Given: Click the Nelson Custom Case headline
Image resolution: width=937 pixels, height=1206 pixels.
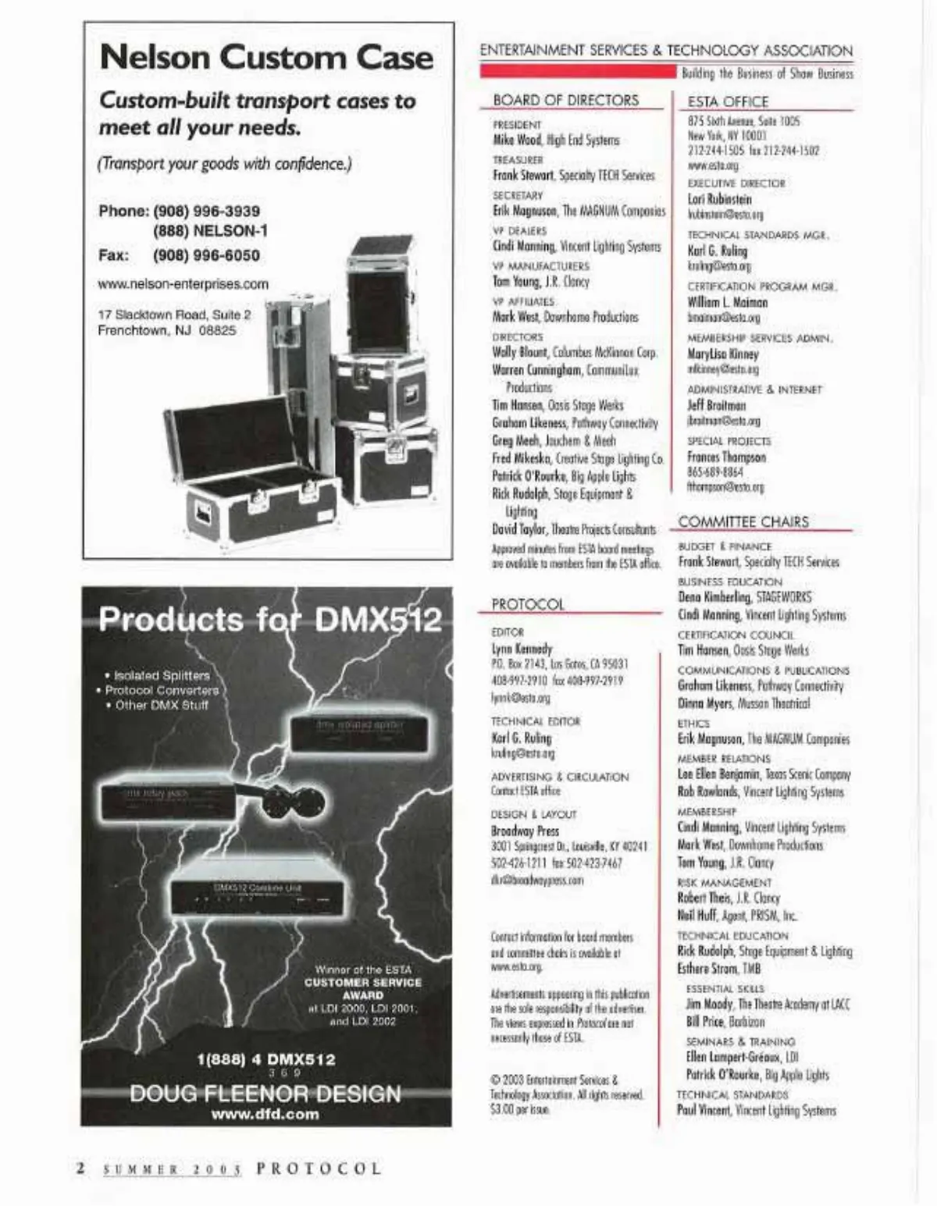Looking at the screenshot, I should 266,58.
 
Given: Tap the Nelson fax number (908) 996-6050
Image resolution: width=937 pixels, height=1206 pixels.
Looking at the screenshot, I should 206,255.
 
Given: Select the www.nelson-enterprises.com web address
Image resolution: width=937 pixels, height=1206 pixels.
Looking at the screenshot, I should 183,284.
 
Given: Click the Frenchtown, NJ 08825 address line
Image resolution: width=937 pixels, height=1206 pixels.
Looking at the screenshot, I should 166,330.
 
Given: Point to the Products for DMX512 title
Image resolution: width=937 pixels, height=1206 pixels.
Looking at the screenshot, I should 269,620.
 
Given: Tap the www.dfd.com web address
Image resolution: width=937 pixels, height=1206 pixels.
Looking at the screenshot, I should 265,1114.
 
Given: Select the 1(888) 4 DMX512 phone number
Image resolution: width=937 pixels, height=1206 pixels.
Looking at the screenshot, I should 265,1059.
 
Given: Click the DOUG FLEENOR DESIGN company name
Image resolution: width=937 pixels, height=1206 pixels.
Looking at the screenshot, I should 265,1093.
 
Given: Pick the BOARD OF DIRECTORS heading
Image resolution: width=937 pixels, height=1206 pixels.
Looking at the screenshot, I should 565,100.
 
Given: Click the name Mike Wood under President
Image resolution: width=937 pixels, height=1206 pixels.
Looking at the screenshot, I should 516,141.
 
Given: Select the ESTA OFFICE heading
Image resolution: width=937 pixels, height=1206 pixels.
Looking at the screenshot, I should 728,101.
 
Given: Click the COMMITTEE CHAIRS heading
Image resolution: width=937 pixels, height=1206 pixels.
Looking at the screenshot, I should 743,521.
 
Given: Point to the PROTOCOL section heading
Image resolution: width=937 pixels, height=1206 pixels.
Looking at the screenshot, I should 527,604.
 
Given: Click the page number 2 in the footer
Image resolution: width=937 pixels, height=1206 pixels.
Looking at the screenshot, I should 80,1169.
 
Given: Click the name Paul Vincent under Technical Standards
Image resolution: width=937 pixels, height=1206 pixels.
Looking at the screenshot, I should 704,1110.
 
